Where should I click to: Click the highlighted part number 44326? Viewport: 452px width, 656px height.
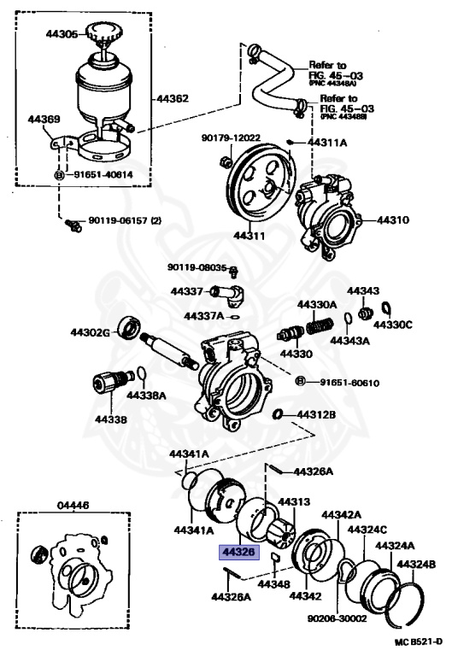pyautogui.click(x=238, y=553)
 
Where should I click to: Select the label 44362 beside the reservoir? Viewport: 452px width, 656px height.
pyautogui.click(x=172, y=99)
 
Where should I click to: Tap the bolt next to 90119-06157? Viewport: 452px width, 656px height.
pyautogui.click(x=72, y=225)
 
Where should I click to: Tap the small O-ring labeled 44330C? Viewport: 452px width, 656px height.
pyautogui.click(x=386, y=307)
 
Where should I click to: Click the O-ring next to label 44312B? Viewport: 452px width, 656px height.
pyautogui.click(x=278, y=415)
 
